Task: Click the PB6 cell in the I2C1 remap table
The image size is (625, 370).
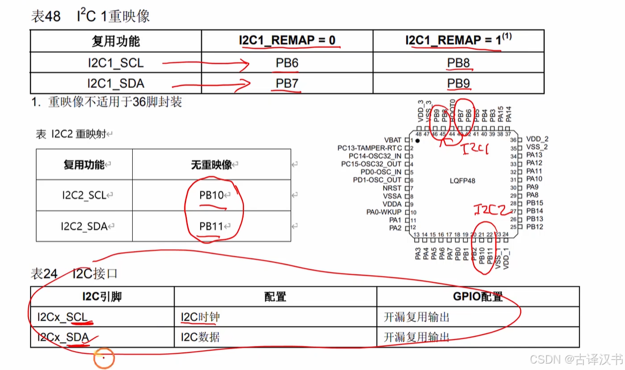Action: (x=287, y=63)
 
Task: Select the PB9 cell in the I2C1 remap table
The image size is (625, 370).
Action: (x=459, y=84)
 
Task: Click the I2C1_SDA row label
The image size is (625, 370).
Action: (x=116, y=84)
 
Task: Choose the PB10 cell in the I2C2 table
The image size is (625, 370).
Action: (x=212, y=195)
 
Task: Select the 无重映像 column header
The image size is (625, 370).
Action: (x=211, y=164)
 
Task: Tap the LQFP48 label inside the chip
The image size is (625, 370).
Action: (x=462, y=181)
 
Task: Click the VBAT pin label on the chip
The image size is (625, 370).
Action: (x=393, y=140)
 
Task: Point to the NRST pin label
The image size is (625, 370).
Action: (x=392, y=188)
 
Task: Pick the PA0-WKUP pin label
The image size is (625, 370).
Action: (x=384, y=212)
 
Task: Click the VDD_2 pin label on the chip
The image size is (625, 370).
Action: (x=537, y=139)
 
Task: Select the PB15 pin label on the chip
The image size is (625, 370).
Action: (x=535, y=203)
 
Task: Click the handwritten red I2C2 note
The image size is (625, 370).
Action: (x=491, y=210)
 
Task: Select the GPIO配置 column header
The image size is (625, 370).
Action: (x=477, y=297)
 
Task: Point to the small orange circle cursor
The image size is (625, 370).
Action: (x=104, y=358)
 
